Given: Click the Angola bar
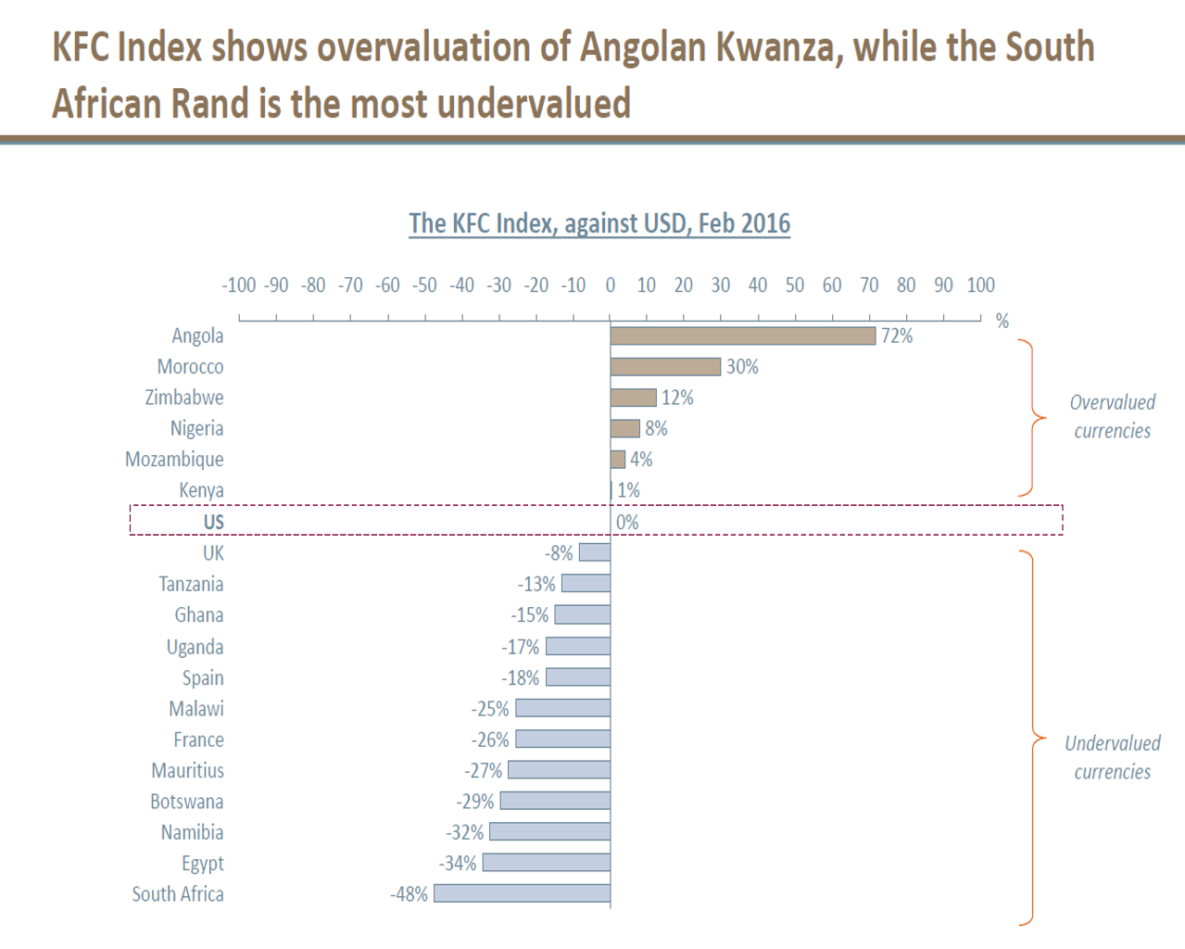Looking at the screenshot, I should (x=742, y=335).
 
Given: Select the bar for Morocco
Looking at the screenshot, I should (x=665, y=367).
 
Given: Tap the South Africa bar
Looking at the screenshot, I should (x=522, y=893).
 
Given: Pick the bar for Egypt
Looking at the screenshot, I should (x=546, y=863).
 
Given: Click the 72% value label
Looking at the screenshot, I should (x=897, y=335).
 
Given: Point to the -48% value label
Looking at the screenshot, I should (x=409, y=894).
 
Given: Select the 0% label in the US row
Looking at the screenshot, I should (x=627, y=522).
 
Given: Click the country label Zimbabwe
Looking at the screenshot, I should (x=184, y=398).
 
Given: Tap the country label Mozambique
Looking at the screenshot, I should (x=174, y=460).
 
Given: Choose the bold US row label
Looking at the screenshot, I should (x=213, y=522).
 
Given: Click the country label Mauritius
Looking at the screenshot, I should (x=188, y=770).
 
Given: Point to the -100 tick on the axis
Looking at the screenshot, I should (x=238, y=285).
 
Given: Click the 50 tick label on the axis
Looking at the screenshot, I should (x=795, y=285).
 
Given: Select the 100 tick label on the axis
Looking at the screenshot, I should (x=980, y=285).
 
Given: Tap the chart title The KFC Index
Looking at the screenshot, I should (x=599, y=223).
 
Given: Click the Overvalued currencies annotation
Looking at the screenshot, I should (x=1112, y=416).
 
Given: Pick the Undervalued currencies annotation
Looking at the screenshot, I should (x=1112, y=757).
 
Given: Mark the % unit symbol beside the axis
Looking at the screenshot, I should (x=1002, y=321).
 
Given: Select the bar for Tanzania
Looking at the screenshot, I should (x=586, y=584).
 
